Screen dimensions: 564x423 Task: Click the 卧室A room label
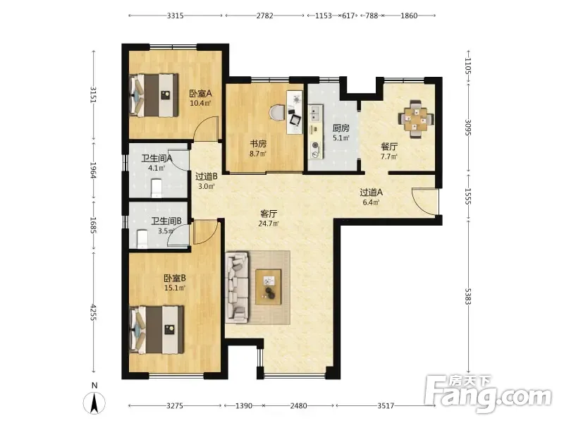tap(200, 94)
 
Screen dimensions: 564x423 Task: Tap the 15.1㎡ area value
tap(175, 288)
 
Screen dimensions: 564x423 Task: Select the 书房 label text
tap(258, 144)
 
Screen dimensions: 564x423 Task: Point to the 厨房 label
tap(341, 128)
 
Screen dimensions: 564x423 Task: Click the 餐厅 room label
tap(389, 147)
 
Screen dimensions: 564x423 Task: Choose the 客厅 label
tap(269, 214)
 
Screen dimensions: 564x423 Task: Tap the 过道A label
tap(372, 192)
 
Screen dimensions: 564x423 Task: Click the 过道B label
tap(207, 177)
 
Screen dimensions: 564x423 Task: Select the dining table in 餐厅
tap(416, 118)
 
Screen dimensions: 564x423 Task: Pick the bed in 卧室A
tap(154, 95)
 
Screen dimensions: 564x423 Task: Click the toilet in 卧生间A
tap(157, 188)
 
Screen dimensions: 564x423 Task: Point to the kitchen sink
tap(315, 114)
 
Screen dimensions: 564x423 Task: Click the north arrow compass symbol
tap(94, 403)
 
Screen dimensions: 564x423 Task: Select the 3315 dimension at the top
tap(175, 16)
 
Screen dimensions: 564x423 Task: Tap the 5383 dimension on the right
tap(467, 296)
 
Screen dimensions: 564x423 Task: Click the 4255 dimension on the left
tap(94, 312)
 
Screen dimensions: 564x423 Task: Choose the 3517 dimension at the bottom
tap(386, 406)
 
